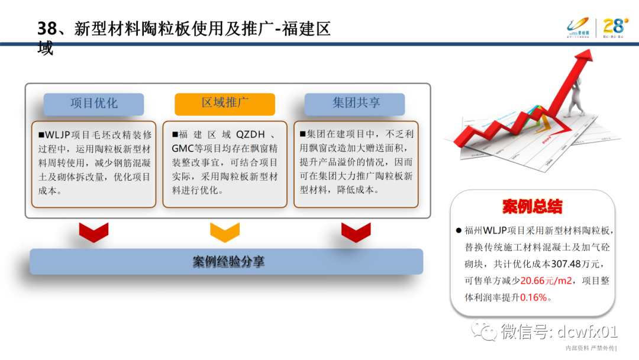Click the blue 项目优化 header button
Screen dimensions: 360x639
pos(93,104)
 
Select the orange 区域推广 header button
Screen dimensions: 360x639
pos(225,104)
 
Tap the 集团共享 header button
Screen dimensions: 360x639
pos(355,104)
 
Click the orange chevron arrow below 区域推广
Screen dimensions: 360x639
pos(225,232)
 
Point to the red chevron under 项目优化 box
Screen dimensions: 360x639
pos(93,232)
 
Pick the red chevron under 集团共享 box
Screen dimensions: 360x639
pos(356,232)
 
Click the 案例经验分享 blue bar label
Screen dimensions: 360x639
pos(227,261)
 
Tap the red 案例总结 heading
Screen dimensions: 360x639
pos(532,207)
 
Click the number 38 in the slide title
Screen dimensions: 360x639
pos(46,28)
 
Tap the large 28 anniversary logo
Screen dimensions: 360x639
pos(615,26)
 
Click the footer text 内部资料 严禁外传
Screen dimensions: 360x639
pos(589,348)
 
